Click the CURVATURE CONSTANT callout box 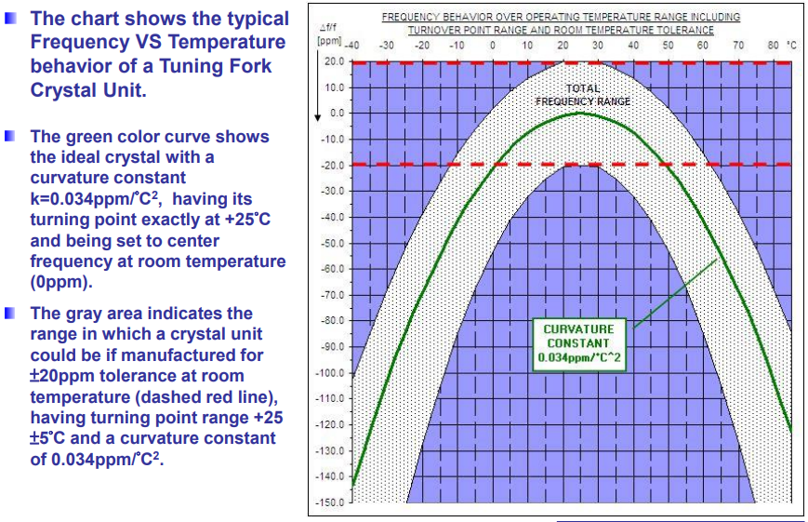click(x=578, y=343)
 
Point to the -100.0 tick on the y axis click(x=333, y=373)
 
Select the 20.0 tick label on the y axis click(x=335, y=61)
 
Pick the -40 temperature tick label click(x=352, y=45)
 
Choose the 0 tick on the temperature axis click(x=492, y=45)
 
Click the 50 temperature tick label click(x=668, y=45)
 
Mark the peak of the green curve click(x=580, y=113)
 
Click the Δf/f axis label click(x=326, y=28)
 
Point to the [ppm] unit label click(x=329, y=41)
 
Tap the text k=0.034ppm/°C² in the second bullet click(x=95, y=198)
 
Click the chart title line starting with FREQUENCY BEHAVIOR click(x=561, y=17)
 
